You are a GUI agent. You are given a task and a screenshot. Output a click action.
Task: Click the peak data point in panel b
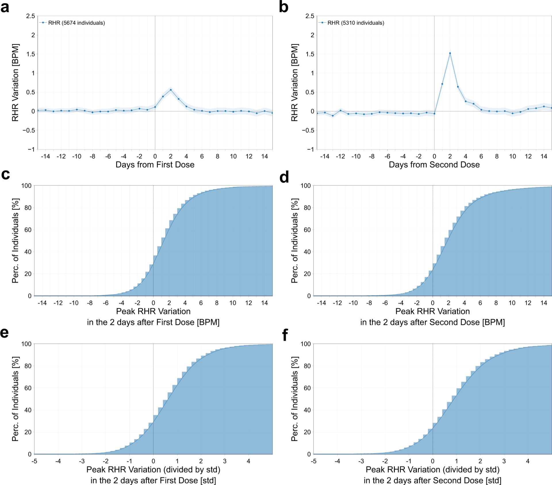point(450,53)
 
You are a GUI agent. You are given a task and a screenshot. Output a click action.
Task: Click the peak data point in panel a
point(171,90)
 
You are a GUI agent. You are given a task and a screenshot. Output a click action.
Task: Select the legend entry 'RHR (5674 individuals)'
point(76,23)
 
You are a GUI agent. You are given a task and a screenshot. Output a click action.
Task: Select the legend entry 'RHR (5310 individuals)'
point(356,23)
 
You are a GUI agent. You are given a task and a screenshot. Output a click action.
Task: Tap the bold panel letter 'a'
point(5,7)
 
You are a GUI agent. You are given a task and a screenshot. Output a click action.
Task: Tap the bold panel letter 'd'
point(284,177)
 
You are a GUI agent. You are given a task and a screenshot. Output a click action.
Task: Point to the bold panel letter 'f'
point(285,335)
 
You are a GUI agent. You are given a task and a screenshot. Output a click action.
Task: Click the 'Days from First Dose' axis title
point(155,165)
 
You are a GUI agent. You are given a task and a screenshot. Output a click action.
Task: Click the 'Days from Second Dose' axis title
point(434,165)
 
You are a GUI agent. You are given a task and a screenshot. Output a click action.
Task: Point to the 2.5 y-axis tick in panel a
point(30,16)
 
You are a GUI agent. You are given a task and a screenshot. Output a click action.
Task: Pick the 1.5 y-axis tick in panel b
point(310,54)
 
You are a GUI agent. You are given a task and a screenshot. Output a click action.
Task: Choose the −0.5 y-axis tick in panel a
point(29,130)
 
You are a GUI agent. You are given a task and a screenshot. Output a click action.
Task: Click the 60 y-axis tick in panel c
point(28,230)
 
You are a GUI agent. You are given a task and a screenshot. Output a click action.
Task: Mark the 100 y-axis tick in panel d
point(306,186)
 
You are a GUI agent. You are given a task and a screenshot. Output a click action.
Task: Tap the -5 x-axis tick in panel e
point(34,461)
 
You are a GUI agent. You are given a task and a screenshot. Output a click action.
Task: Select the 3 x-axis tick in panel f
point(504,461)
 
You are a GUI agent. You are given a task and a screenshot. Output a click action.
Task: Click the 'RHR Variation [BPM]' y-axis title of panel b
point(295,83)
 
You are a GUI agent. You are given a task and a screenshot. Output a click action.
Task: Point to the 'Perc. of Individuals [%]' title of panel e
point(16,399)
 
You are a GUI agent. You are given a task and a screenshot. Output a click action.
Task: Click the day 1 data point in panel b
point(442,84)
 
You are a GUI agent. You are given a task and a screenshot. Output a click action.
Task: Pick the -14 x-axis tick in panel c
point(42,303)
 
